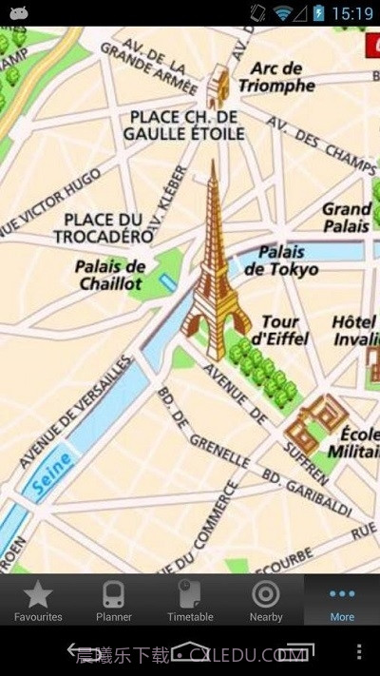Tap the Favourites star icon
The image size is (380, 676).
point(38,595)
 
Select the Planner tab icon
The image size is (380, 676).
point(114,595)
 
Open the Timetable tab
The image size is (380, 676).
point(190,595)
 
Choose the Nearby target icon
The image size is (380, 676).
point(266,595)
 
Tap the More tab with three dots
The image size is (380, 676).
point(342,595)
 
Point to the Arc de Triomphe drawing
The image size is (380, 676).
point(219,86)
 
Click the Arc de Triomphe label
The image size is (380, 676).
point(276,77)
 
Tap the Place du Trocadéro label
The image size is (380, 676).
point(104,227)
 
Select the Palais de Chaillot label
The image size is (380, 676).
point(110,275)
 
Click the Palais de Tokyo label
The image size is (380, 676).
point(281,260)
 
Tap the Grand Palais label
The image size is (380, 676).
point(346,218)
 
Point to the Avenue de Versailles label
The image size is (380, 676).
point(74,413)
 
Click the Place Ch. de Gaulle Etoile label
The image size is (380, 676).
point(183,125)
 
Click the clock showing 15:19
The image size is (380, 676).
point(352,13)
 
